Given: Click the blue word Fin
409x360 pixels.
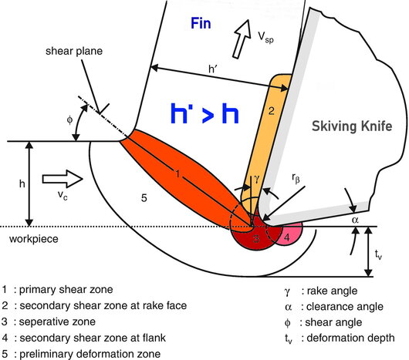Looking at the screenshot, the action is click(201, 23).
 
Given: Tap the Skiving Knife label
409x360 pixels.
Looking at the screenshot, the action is click(352, 126).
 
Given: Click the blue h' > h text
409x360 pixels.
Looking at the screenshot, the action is click(204, 113).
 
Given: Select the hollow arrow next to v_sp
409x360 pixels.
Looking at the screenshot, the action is click(242, 39).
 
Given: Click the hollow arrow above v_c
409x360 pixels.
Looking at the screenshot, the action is click(63, 179).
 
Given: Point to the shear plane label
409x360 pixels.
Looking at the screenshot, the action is click(74, 51).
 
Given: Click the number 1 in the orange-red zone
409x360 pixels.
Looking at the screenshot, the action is click(177, 173).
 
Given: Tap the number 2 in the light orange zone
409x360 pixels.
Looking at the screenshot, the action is click(272, 111).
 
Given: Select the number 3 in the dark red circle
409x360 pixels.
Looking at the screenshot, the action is click(256, 238).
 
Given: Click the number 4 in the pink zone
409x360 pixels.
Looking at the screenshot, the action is click(287, 237).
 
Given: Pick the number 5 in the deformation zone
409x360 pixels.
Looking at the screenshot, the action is click(144, 198).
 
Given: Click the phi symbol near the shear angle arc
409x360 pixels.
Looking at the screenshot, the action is click(69, 120).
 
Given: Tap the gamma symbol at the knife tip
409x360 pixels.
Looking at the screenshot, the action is click(257, 179).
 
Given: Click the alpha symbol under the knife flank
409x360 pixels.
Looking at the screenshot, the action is click(355, 220).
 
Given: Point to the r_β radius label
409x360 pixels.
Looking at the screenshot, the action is click(296, 178).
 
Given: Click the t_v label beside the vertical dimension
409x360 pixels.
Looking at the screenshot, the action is click(378, 254).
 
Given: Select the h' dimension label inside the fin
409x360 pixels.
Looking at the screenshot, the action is click(213, 69).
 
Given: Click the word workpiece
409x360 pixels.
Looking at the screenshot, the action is click(34, 239).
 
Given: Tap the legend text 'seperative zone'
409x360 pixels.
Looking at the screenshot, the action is click(57, 321).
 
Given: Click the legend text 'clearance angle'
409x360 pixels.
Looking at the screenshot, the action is click(345, 307).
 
